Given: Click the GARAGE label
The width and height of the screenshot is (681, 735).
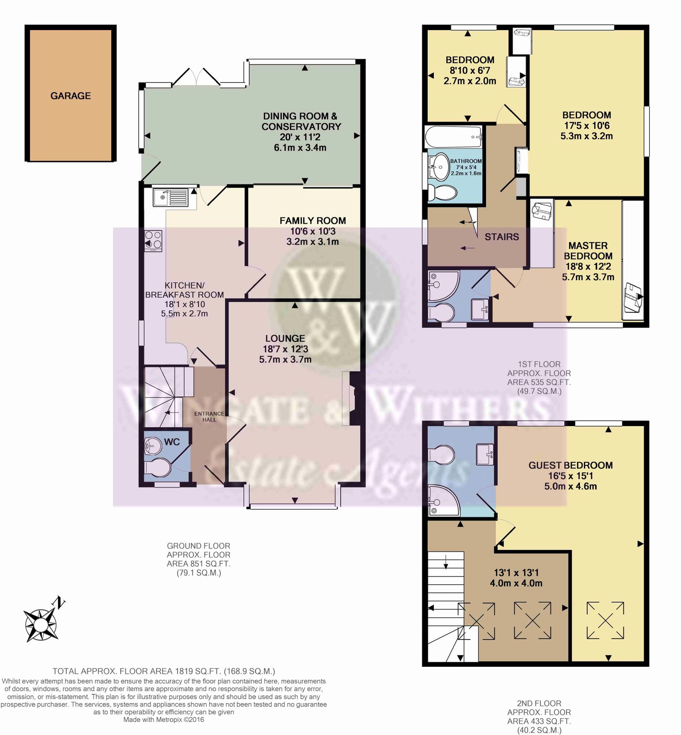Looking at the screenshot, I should tap(71, 96).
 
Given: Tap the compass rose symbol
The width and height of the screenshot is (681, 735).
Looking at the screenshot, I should tap(41, 624).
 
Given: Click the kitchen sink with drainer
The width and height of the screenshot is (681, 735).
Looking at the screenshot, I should tap(170, 197).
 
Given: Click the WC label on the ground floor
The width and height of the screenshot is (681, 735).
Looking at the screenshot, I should tap(172, 442).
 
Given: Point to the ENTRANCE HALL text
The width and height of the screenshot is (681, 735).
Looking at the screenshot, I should tap(209, 416).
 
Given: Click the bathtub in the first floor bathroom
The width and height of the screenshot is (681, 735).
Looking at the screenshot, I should tap(453, 138).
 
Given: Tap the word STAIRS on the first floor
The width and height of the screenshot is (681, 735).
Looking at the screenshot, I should tap(502, 237).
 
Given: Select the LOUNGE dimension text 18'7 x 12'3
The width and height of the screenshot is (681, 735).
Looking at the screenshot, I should tap(285, 349).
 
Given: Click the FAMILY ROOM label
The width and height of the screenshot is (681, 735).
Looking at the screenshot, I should tap(312, 221).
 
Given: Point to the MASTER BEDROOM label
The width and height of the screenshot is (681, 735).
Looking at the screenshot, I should tap(588, 251).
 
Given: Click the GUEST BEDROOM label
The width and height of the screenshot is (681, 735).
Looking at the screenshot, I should tap(570, 465).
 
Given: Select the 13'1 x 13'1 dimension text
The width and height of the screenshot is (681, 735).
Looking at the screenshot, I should tap(516, 573).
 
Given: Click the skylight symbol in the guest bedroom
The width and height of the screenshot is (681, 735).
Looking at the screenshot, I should tap(605, 621).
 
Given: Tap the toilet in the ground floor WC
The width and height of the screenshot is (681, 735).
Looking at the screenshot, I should tap(157, 468).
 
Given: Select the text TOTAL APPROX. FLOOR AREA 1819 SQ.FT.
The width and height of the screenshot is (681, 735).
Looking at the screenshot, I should tap(164, 671).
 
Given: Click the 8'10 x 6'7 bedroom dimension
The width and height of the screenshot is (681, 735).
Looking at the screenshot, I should tap(470, 70).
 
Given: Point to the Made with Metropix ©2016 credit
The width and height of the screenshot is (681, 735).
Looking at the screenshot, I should tap(164, 720).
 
